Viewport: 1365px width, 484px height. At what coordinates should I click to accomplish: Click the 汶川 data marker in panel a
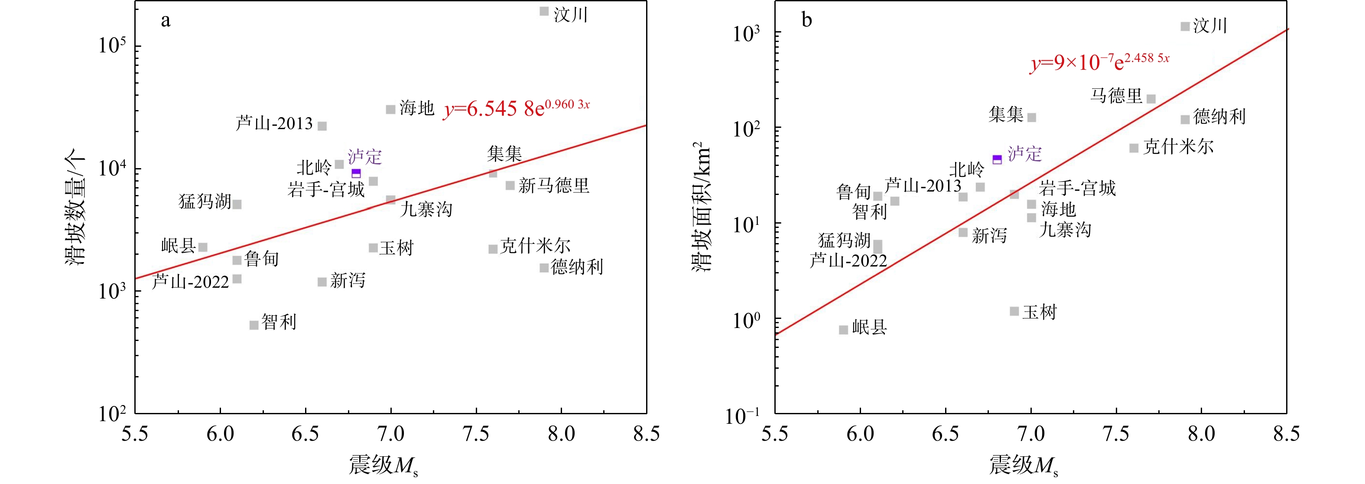click(x=544, y=11)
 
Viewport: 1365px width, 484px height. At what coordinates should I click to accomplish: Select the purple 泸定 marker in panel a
click(x=356, y=173)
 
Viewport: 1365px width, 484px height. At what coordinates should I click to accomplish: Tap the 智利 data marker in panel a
click(x=254, y=325)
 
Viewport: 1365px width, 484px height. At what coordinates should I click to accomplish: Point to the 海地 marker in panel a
click(x=390, y=109)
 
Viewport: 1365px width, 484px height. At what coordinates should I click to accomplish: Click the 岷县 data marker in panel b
click(x=844, y=330)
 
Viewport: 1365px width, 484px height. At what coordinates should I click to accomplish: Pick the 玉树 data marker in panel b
click(x=1014, y=311)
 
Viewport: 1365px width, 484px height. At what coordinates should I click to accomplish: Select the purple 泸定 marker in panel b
click(x=997, y=159)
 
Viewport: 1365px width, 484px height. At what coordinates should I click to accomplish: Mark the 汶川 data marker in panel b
click(x=1185, y=26)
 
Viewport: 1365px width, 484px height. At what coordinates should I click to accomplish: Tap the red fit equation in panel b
click(x=1099, y=62)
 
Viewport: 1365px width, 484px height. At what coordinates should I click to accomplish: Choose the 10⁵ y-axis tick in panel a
click(x=112, y=45)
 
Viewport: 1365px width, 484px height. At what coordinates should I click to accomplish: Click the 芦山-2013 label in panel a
click(x=274, y=123)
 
